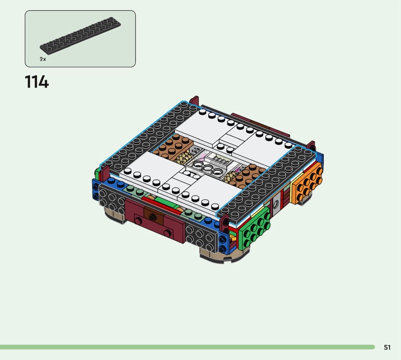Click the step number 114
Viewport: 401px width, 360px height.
tap(37, 82)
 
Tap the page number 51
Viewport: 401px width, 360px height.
tap(387, 347)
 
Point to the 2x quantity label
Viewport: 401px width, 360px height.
tap(43, 59)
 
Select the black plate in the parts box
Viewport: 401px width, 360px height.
tap(80, 34)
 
